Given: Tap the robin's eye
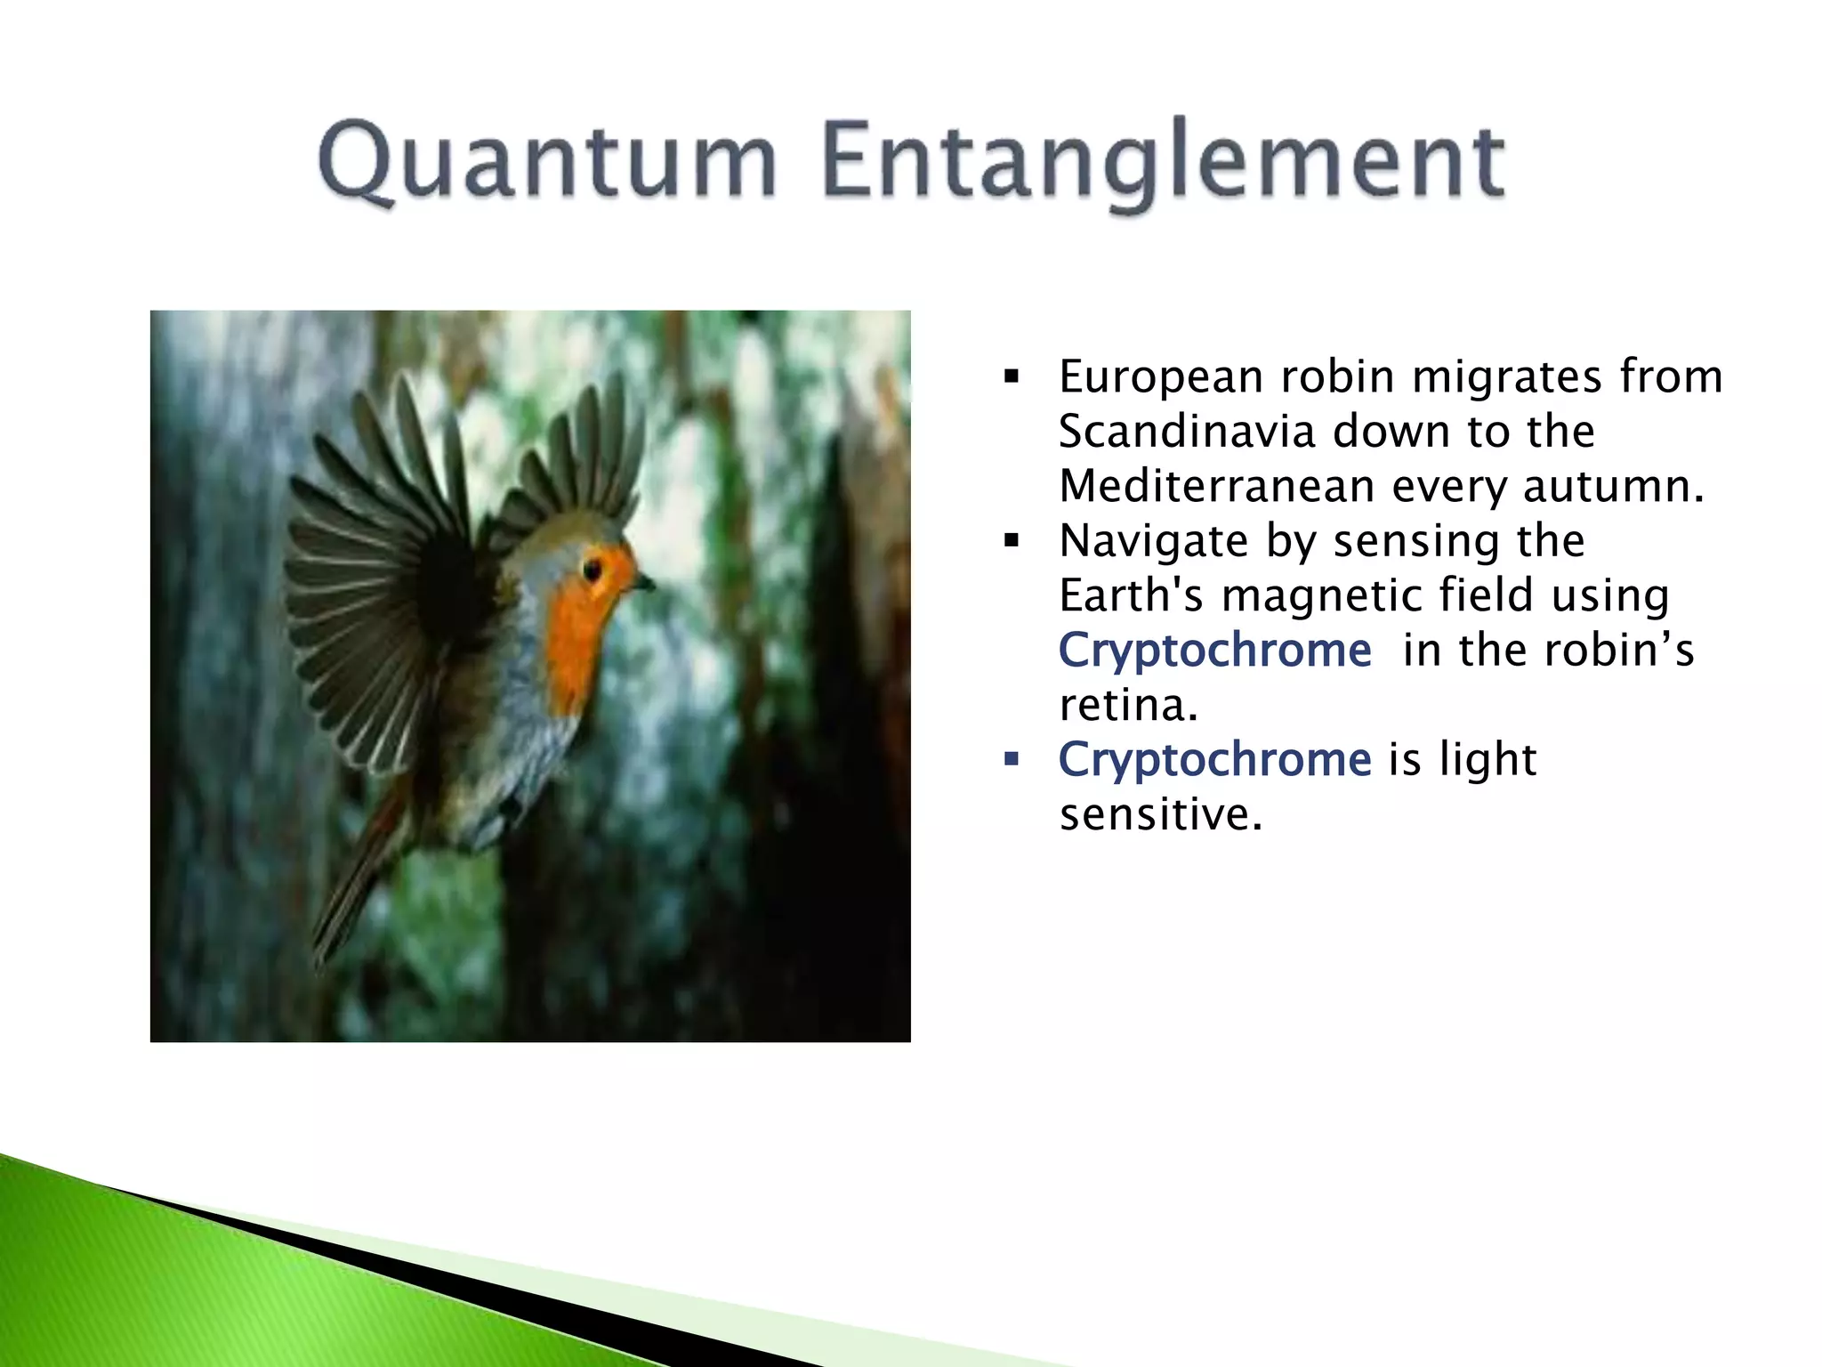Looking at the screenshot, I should click(592, 567).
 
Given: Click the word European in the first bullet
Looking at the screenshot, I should click(1161, 377).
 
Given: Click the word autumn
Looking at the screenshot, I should click(1612, 486).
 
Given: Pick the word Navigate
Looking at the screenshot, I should click(1154, 541).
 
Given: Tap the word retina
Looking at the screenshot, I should click(1128, 705).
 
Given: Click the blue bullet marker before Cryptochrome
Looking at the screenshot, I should click(1011, 760).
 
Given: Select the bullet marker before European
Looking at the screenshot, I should click(1011, 377).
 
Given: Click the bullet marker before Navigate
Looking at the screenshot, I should click(1011, 541).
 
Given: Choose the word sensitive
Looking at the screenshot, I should click(1160, 814).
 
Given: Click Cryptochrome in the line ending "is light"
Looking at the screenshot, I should click(1214, 760).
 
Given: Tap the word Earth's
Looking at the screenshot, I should click(1131, 595).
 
